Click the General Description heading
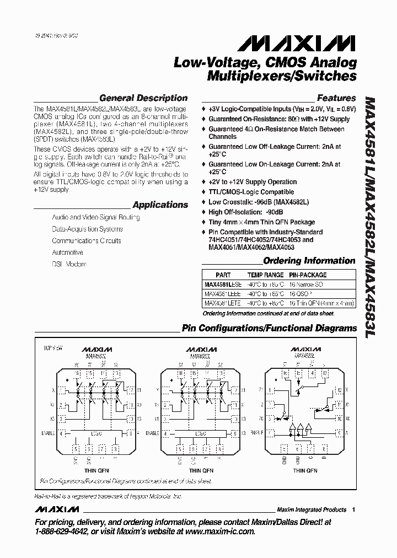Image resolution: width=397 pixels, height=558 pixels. point(143,98)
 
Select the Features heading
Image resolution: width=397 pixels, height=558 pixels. point(336,98)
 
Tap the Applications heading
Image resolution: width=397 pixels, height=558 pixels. point(160,205)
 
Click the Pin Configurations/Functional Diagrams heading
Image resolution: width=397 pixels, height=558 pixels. point(269,328)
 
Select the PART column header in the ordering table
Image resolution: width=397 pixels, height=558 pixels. point(223,275)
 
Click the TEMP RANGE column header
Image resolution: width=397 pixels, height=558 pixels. point(265,275)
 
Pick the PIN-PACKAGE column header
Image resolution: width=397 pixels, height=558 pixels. point(308,275)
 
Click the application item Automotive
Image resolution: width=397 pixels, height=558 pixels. point(67,253)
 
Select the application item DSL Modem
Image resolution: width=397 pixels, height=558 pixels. point(69,264)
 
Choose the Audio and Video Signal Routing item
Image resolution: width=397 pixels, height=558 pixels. point(95,217)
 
